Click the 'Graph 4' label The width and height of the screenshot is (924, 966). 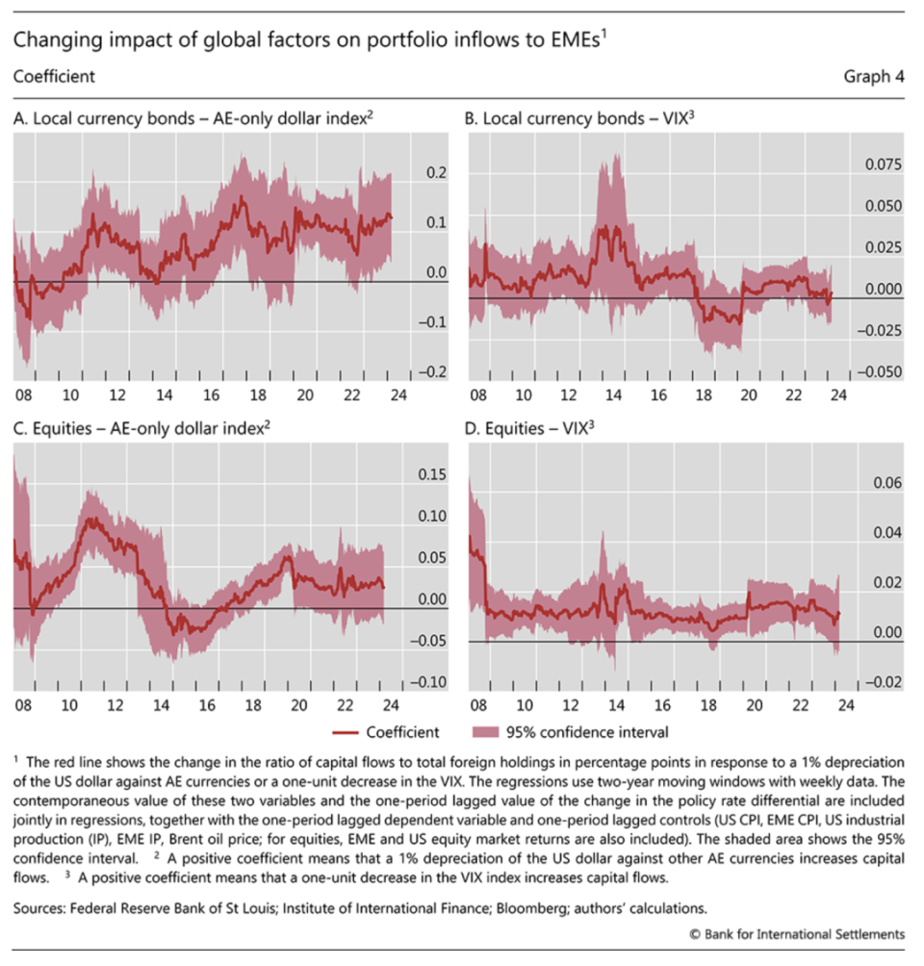click(874, 77)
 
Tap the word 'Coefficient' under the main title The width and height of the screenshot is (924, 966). click(55, 77)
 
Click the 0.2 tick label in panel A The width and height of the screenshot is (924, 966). click(436, 173)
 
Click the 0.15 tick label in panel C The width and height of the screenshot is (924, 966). click(434, 475)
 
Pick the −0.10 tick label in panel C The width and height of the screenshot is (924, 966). click(429, 682)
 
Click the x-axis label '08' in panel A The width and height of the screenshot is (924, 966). click(22, 394)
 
